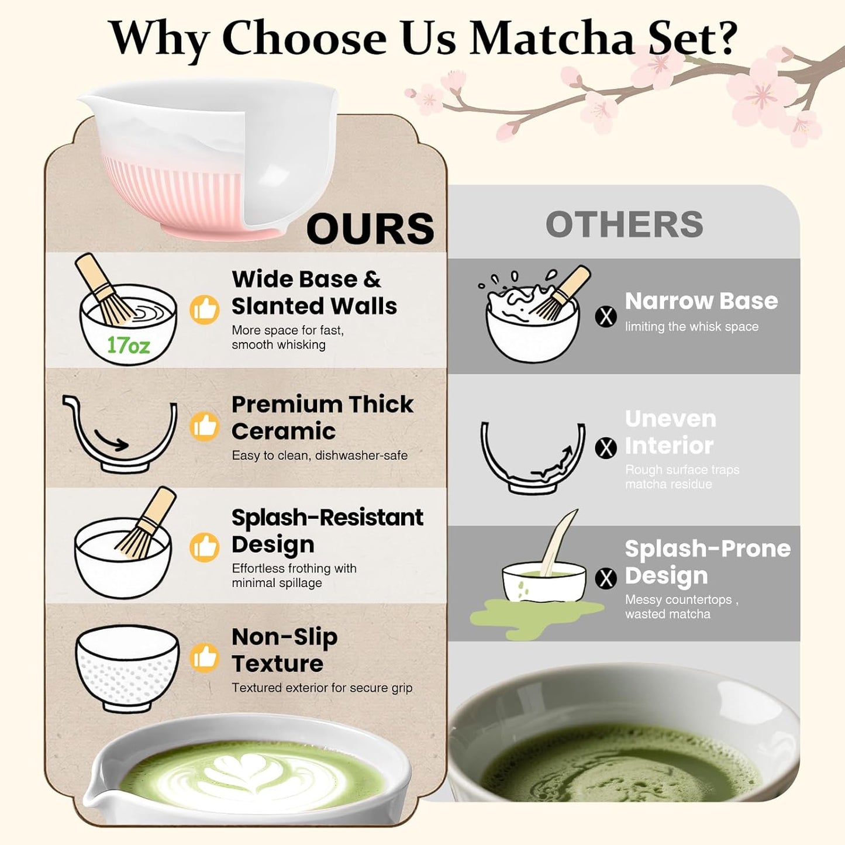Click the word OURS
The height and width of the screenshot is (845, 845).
pyautogui.click(x=370, y=229)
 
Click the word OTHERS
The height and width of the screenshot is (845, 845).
pyautogui.click(x=624, y=225)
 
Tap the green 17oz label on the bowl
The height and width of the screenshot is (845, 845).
pyautogui.click(x=128, y=346)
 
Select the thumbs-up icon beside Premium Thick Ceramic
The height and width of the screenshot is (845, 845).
pyautogui.click(x=205, y=426)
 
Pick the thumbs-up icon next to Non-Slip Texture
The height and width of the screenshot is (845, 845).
pyautogui.click(x=205, y=658)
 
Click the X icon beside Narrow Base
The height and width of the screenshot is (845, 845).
pyautogui.click(x=606, y=316)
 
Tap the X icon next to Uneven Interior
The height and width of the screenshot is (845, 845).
pyautogui.click(x=606, y=448)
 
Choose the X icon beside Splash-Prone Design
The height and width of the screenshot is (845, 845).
pyautogui.click(x=606, y=578)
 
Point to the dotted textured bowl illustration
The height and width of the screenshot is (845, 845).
pyautogui.click(x=127, y=667)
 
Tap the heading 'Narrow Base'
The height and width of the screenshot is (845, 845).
pyautogui.click(x=701, y=301)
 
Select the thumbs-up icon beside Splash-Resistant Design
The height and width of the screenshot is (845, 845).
pyautogui.click(x=205, y=547)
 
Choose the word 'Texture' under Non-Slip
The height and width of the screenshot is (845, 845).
pyautogui.click(x=277, y=664)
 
